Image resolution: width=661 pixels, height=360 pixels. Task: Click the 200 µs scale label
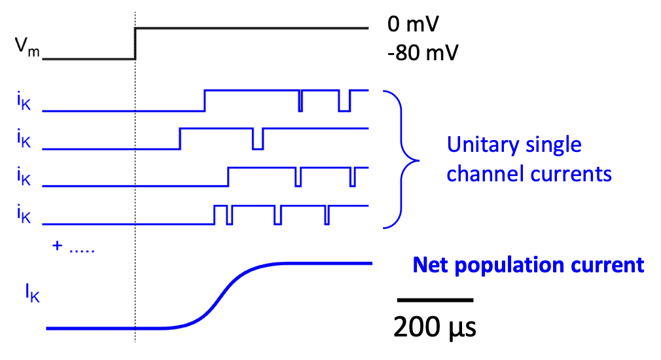pyautogui.click(x=435, y=326)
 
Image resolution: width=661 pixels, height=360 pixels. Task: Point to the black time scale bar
pyautogui.click(x=435, y=300)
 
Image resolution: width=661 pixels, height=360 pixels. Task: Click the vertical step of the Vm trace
pyautogui.click(x=135, y=43)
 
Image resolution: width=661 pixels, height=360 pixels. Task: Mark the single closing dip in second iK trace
pyautogui.click(x=258, y=139)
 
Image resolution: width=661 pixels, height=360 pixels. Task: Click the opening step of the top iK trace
pyautogui.click(x=205, y=100)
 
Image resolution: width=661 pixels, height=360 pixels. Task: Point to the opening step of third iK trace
pyautogui.click(x=228, y=177)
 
